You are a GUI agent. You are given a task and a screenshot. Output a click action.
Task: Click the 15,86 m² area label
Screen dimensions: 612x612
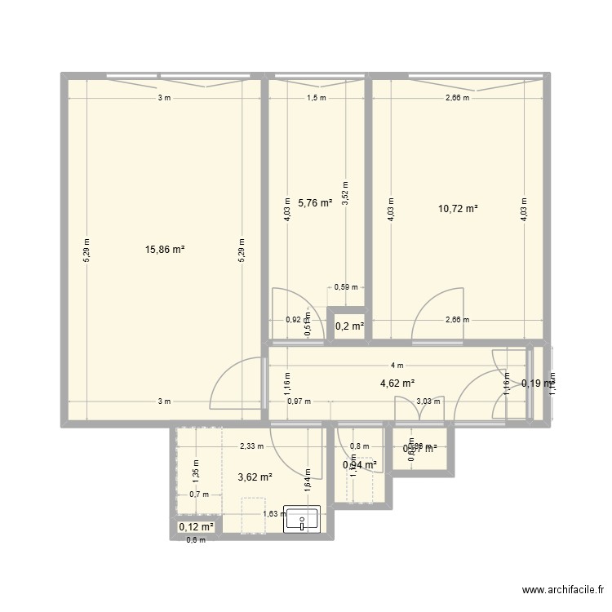coord(166,249)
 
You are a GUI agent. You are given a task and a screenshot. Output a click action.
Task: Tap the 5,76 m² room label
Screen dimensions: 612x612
coord(315,202)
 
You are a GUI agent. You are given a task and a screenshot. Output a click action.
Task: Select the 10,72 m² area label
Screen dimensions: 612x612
coord(458,208)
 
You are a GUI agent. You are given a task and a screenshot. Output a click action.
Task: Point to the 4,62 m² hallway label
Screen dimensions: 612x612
coord(397,383)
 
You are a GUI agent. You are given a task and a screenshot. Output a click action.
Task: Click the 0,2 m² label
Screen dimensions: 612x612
coord(349,326)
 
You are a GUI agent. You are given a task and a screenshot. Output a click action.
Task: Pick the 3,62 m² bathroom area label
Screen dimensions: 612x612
coord(255,477)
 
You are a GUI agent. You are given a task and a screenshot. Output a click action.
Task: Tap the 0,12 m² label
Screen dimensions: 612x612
coord(196,527)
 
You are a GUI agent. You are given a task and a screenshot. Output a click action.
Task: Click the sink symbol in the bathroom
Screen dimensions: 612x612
coord(303,519)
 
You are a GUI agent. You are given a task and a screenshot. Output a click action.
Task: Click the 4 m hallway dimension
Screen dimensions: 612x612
coord(397,366)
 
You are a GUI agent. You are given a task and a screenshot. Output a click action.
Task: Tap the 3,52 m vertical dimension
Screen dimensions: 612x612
coord(345,195)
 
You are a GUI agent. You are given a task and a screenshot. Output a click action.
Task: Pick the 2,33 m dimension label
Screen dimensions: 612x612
coord(251,446)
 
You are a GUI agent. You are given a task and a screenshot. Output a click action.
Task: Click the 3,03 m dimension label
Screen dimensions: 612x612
coord(428,401)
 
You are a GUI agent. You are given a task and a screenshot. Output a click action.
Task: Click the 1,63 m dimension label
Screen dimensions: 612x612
coord(273,513)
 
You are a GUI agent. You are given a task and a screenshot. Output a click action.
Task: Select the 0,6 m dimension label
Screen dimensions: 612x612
coord(196,539)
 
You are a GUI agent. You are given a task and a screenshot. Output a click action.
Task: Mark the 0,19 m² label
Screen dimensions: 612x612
coord(537,383)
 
